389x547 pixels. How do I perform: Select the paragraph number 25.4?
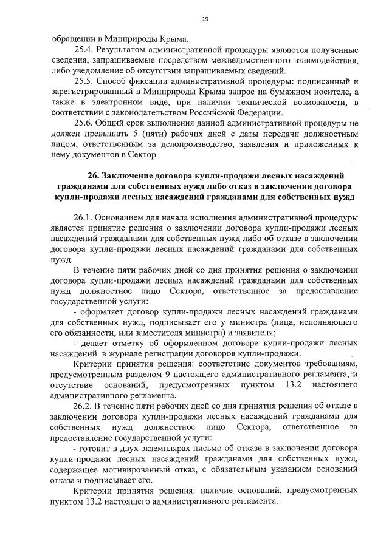click(x=84, y=48)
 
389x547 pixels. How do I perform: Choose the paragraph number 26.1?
click(x=84, y=218)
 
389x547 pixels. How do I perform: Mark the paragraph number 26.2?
click(x=84, y=405)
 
